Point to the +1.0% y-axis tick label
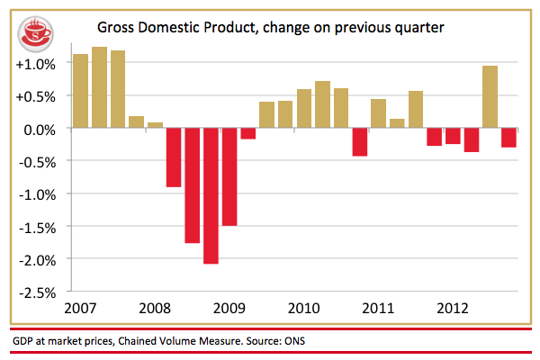click(x=36, y=64)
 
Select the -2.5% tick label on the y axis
click(x=36, y=292)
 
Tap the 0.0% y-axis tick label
click(x=39, y=129)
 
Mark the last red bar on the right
click(x=508, y=138)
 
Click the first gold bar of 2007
click(x=80, y=91)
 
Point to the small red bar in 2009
click(x=247, y=133)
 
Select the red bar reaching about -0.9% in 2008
click(x=173, y=157)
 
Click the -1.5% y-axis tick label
click(x=36, y=226)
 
